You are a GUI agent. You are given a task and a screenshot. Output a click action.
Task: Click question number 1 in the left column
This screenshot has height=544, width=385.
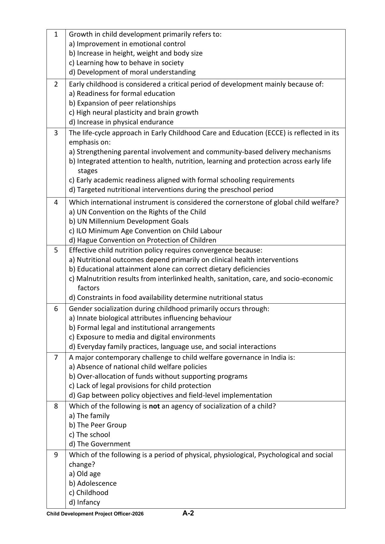[56, 34]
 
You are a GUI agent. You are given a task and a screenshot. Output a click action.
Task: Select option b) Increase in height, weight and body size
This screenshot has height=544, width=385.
[136, 53]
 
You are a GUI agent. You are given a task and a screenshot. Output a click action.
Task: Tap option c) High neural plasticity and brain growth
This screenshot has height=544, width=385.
[133, 113]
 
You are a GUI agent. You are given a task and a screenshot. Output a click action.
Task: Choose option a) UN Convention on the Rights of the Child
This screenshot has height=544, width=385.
[137, 212]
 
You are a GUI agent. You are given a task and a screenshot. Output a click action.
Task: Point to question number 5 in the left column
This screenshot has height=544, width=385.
[56, 250]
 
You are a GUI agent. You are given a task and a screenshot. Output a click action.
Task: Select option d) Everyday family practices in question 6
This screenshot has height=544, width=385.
[172, 347]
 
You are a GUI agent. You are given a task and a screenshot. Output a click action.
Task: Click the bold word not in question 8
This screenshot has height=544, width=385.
[154, 406]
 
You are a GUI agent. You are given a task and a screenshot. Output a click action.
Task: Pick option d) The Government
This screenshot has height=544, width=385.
[100, 444]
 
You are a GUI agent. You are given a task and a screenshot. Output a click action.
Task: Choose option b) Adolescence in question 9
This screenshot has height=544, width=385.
[93, 484]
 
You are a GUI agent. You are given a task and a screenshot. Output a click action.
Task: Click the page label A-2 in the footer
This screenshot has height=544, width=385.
[188, 513]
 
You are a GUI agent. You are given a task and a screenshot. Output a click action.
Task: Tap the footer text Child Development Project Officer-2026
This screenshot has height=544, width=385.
[95, 514]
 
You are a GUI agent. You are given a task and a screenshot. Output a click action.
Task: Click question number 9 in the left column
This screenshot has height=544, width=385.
[56, 455]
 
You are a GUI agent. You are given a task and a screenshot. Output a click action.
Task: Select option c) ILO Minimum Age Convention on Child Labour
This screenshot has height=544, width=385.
[145, 231]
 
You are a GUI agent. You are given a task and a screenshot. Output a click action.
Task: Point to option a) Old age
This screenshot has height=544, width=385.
[85, 474]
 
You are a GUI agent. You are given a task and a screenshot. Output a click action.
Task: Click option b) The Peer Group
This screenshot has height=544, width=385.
[98, 425]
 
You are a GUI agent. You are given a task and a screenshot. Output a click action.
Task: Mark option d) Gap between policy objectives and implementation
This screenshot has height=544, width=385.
[170, 395]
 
